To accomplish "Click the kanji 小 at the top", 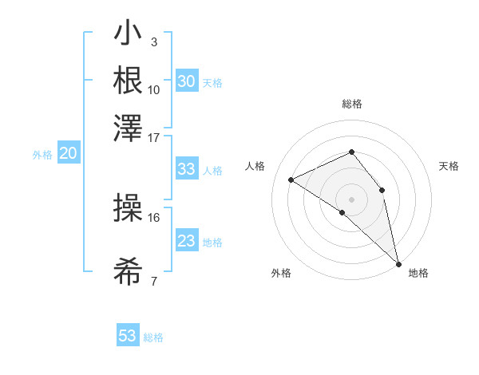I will point(128,34).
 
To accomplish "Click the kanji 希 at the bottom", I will point(128,273).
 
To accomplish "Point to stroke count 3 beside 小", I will point(154,41).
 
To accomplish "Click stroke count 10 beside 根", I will point(154,89).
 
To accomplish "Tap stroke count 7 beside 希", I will point(154,280).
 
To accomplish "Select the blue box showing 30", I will point(186,81).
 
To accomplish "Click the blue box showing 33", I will point(186,169).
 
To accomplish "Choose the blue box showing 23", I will point(186,241).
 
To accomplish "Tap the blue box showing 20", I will point(68,154).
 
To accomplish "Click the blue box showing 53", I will point(128,336).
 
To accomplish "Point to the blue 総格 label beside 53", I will point(153,337).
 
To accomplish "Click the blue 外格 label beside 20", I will point(42,155).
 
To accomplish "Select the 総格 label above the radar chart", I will point(352,104).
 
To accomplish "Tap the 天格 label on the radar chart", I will point(449,166).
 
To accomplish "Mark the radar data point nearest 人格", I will point(291,180).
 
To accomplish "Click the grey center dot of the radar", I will point(351,199).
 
